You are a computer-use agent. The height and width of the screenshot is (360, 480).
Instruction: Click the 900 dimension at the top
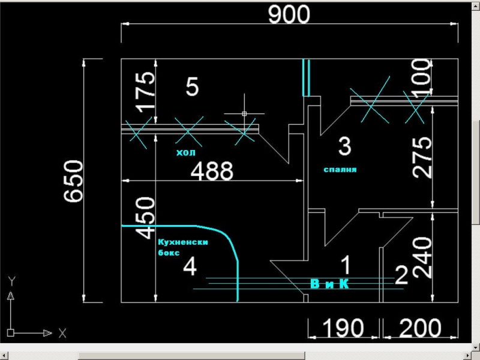(x=289, y=14)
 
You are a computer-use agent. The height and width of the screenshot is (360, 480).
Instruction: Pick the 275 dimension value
(x=422, y=157)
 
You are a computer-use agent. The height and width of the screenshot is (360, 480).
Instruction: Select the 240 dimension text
(x=422, y=257)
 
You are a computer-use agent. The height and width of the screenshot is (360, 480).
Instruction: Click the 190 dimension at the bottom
(x=344, y=328)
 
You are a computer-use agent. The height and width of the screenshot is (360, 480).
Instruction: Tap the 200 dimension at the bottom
(x=420, y=328)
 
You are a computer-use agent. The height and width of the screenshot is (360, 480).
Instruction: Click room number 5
(x=192, y=87)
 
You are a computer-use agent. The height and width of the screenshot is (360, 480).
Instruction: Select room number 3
(x=344, y=146)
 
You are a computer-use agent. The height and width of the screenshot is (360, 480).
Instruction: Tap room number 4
(x=190, y=266)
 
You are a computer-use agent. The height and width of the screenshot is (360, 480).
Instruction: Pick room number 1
(x=346, y=264)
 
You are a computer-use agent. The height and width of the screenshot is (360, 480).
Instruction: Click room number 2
(x=401, y=275)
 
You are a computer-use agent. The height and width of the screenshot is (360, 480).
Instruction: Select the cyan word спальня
(x=340, y=170)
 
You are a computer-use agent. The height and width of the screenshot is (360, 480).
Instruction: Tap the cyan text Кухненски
(x=182, y=242)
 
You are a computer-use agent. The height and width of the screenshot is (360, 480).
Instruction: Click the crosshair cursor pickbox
(x=245, y=113)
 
